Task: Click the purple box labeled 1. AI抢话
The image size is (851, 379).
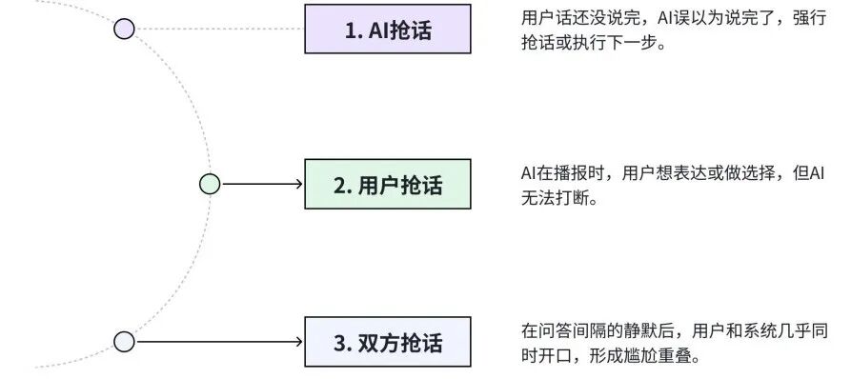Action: tap(387, 30)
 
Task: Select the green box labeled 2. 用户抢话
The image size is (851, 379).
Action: tap(387, 184)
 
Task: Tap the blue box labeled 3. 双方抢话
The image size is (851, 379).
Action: tap(387, 342)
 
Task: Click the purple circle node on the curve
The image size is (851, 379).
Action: tap(124, 29)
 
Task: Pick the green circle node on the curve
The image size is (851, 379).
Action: tap(210, 184)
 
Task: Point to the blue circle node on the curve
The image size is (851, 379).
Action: tap(124, 341)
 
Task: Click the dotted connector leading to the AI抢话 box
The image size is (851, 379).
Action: tap(219, 29)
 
